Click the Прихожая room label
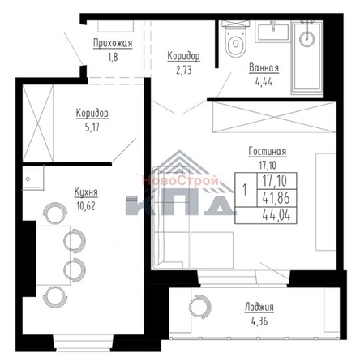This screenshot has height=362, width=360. coord(113,43)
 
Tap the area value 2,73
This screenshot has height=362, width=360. coord(183,70)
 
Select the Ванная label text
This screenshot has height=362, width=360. coord(264,68)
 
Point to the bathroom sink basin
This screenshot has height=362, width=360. coord(273,32)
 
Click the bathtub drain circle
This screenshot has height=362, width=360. coord(306,39)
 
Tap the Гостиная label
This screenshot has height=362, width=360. coord(268,152)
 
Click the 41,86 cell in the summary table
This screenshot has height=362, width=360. coord(276,198)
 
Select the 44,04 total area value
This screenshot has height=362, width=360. coord(276,216)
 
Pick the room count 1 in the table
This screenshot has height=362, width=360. coord(245,190)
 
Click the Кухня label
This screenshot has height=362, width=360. coord(86,192)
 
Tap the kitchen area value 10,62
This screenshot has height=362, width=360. coord(86,206)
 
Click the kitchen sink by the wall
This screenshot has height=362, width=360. coord(32,179)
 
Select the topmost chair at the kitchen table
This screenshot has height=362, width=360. coord(55,213)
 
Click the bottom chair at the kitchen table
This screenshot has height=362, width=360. coord(55,297)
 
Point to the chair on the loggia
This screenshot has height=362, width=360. coord(200,307)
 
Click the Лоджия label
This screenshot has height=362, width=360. coord(259,308)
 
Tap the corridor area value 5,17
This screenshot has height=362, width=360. coord(92,127)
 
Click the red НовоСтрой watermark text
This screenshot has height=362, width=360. coord(180,180)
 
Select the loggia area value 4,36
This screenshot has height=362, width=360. coord(259,321)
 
